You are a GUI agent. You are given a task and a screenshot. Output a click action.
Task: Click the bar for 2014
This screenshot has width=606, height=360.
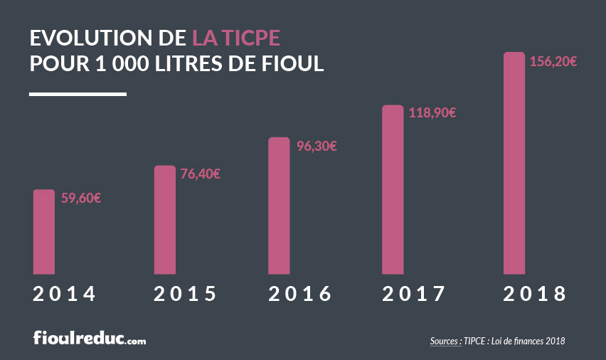coord(44,231)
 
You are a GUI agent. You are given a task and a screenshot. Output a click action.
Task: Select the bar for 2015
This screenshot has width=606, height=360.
coord(164,219)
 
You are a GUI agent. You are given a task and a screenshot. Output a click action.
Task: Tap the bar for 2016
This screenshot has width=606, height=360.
coord(279,205)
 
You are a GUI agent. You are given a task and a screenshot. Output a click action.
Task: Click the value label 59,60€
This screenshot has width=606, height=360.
coord(80,198)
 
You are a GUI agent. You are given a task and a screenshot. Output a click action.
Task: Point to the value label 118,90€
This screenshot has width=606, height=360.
coord(432,112)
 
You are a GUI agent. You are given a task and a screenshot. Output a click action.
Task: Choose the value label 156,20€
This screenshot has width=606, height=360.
coord(553,61)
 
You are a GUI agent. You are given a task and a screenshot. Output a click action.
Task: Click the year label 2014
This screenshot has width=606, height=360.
coord(64,294)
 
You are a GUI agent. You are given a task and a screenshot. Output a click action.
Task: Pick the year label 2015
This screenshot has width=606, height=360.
coord(185,294)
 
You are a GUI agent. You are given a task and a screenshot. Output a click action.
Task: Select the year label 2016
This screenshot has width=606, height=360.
coord(300,294)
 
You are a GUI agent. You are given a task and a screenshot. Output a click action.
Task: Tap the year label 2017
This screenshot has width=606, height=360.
coord(414,294)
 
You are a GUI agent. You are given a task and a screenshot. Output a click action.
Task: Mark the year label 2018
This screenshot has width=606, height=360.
coord(534,294)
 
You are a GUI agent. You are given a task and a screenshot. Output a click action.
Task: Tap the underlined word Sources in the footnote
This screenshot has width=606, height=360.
coord(445,342)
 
